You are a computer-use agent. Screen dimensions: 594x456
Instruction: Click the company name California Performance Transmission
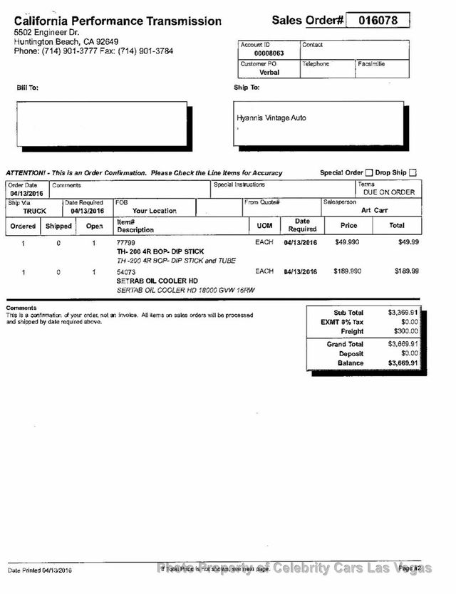(x=118, y=21)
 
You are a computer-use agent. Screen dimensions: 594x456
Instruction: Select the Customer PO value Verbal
(x=269, y=72)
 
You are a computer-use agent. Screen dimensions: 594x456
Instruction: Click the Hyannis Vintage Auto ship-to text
(x=271, y=118)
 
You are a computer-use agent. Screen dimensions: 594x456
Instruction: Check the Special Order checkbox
(x=368, y=172)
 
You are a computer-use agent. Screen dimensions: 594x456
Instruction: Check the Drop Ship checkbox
(x=413, y=172)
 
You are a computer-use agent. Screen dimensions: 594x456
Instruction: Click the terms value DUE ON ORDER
(x=389, y=192)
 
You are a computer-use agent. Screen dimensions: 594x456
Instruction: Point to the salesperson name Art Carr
(x=375, y=210)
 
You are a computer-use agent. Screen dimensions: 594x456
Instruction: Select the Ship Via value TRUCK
(x=34, y=211)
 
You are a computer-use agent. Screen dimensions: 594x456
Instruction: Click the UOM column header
(x=264, y=225)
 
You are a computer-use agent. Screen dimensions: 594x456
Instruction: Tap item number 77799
(x=125, y=243)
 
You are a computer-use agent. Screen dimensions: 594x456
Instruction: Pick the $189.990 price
(x=347, y=271)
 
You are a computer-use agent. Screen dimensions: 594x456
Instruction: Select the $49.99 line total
(x=408, y=243)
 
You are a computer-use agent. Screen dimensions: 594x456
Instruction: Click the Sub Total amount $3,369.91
(x=403, y=313)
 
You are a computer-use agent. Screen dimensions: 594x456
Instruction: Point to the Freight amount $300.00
(x=405, y=331)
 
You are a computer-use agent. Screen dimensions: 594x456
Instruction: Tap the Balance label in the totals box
(x=350, y=363)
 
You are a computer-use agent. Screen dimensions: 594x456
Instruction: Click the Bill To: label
(x=28, y=88)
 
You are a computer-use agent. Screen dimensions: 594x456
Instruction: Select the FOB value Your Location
(x=154, y=211)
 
